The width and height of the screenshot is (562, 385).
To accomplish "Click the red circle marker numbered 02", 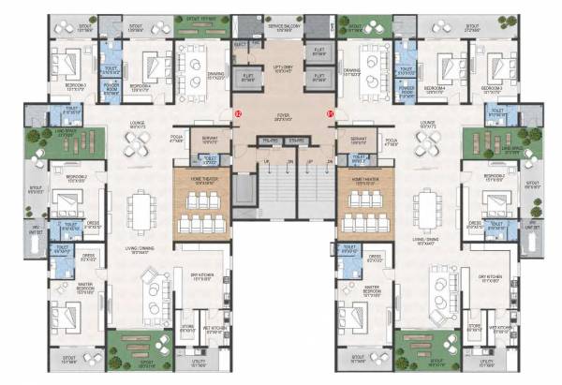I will point(238,113).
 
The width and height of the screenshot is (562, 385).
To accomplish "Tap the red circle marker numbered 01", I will point(330,113).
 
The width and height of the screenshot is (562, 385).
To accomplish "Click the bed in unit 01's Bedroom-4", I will point(434,66).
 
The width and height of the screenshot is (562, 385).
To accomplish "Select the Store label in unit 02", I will point(186,328).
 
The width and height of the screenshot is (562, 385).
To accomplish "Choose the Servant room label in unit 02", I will point(208,141).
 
